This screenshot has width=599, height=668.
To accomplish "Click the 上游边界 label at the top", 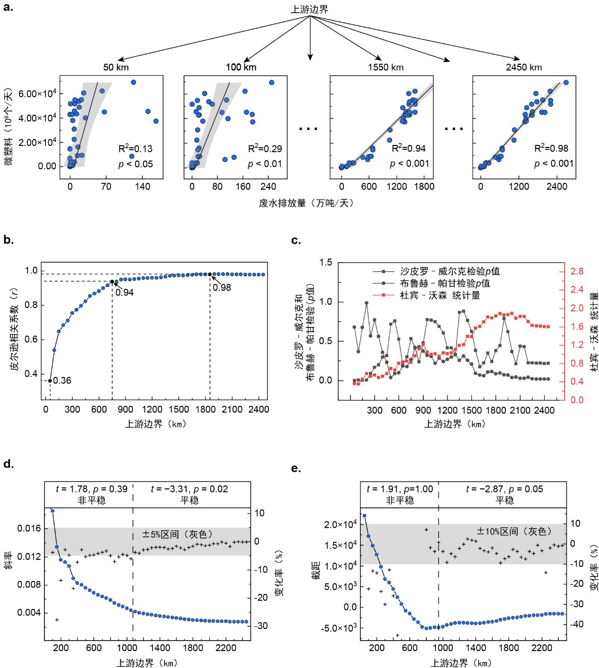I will pyautogui.click(x=309, y=9).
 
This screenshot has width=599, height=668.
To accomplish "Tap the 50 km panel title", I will pyautogui.click(x=116, y=67).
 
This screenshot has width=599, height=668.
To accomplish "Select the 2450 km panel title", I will pyautogui.click(x=524, y=67).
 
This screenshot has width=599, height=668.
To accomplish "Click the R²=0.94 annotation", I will pyautogui.click(x=409, y=148).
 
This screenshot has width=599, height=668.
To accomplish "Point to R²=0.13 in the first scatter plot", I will pyautogui.click(x=135, y=148).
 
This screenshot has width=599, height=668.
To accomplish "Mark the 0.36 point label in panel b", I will pyautogui.click(x=62, y=381).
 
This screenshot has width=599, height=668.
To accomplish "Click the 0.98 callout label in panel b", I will pyautogui.click(x=222, y=287).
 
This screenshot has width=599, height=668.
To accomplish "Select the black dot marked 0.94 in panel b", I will pyautogui.click(x=112, y=282).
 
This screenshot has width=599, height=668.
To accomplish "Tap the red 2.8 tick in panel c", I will pyautogui.click(x=576, y=271).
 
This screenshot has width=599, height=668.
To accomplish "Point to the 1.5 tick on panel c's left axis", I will pyautogui.click(x=325, y=262).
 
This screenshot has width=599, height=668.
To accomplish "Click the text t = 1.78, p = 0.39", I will pyautogui.click(x=92, y=489).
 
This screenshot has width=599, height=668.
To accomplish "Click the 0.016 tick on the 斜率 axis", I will pyautogui.click(x=29, y=528).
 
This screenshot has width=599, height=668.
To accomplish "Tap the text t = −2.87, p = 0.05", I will pyautogui.click(x=504, y=489).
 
